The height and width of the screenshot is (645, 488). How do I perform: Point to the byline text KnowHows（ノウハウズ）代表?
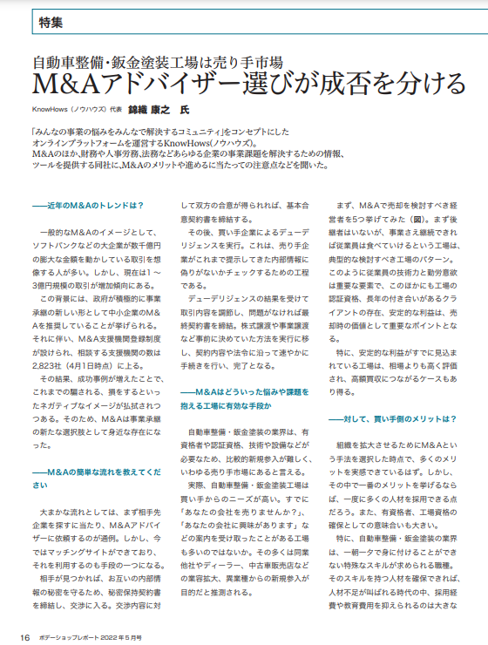[73, 112]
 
